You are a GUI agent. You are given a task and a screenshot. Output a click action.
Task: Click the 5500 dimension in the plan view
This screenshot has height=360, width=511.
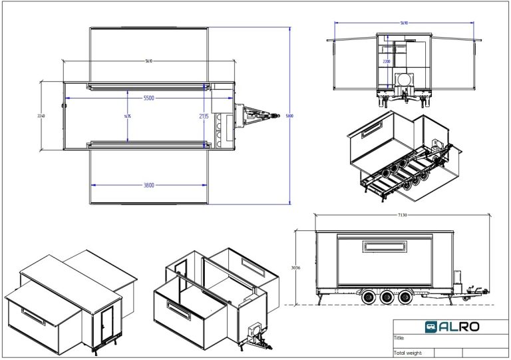[x=149, y=98]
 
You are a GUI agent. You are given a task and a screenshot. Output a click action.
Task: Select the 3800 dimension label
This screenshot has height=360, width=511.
[x=148, y=185]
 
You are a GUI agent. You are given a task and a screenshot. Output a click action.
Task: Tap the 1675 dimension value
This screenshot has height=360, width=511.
[x=127, y=116]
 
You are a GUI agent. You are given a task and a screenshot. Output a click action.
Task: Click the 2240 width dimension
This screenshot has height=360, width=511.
[x=41, y=116]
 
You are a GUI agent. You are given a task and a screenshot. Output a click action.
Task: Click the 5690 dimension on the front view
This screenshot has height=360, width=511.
[x=404, y=23]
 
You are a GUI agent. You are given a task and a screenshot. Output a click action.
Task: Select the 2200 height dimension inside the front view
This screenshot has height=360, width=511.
[x=387, y=61]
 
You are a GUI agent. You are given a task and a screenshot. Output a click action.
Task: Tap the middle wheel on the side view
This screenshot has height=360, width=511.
[x=386, y=299]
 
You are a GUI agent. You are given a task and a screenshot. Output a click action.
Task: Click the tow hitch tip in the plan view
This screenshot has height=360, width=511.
[x=275, y=116]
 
